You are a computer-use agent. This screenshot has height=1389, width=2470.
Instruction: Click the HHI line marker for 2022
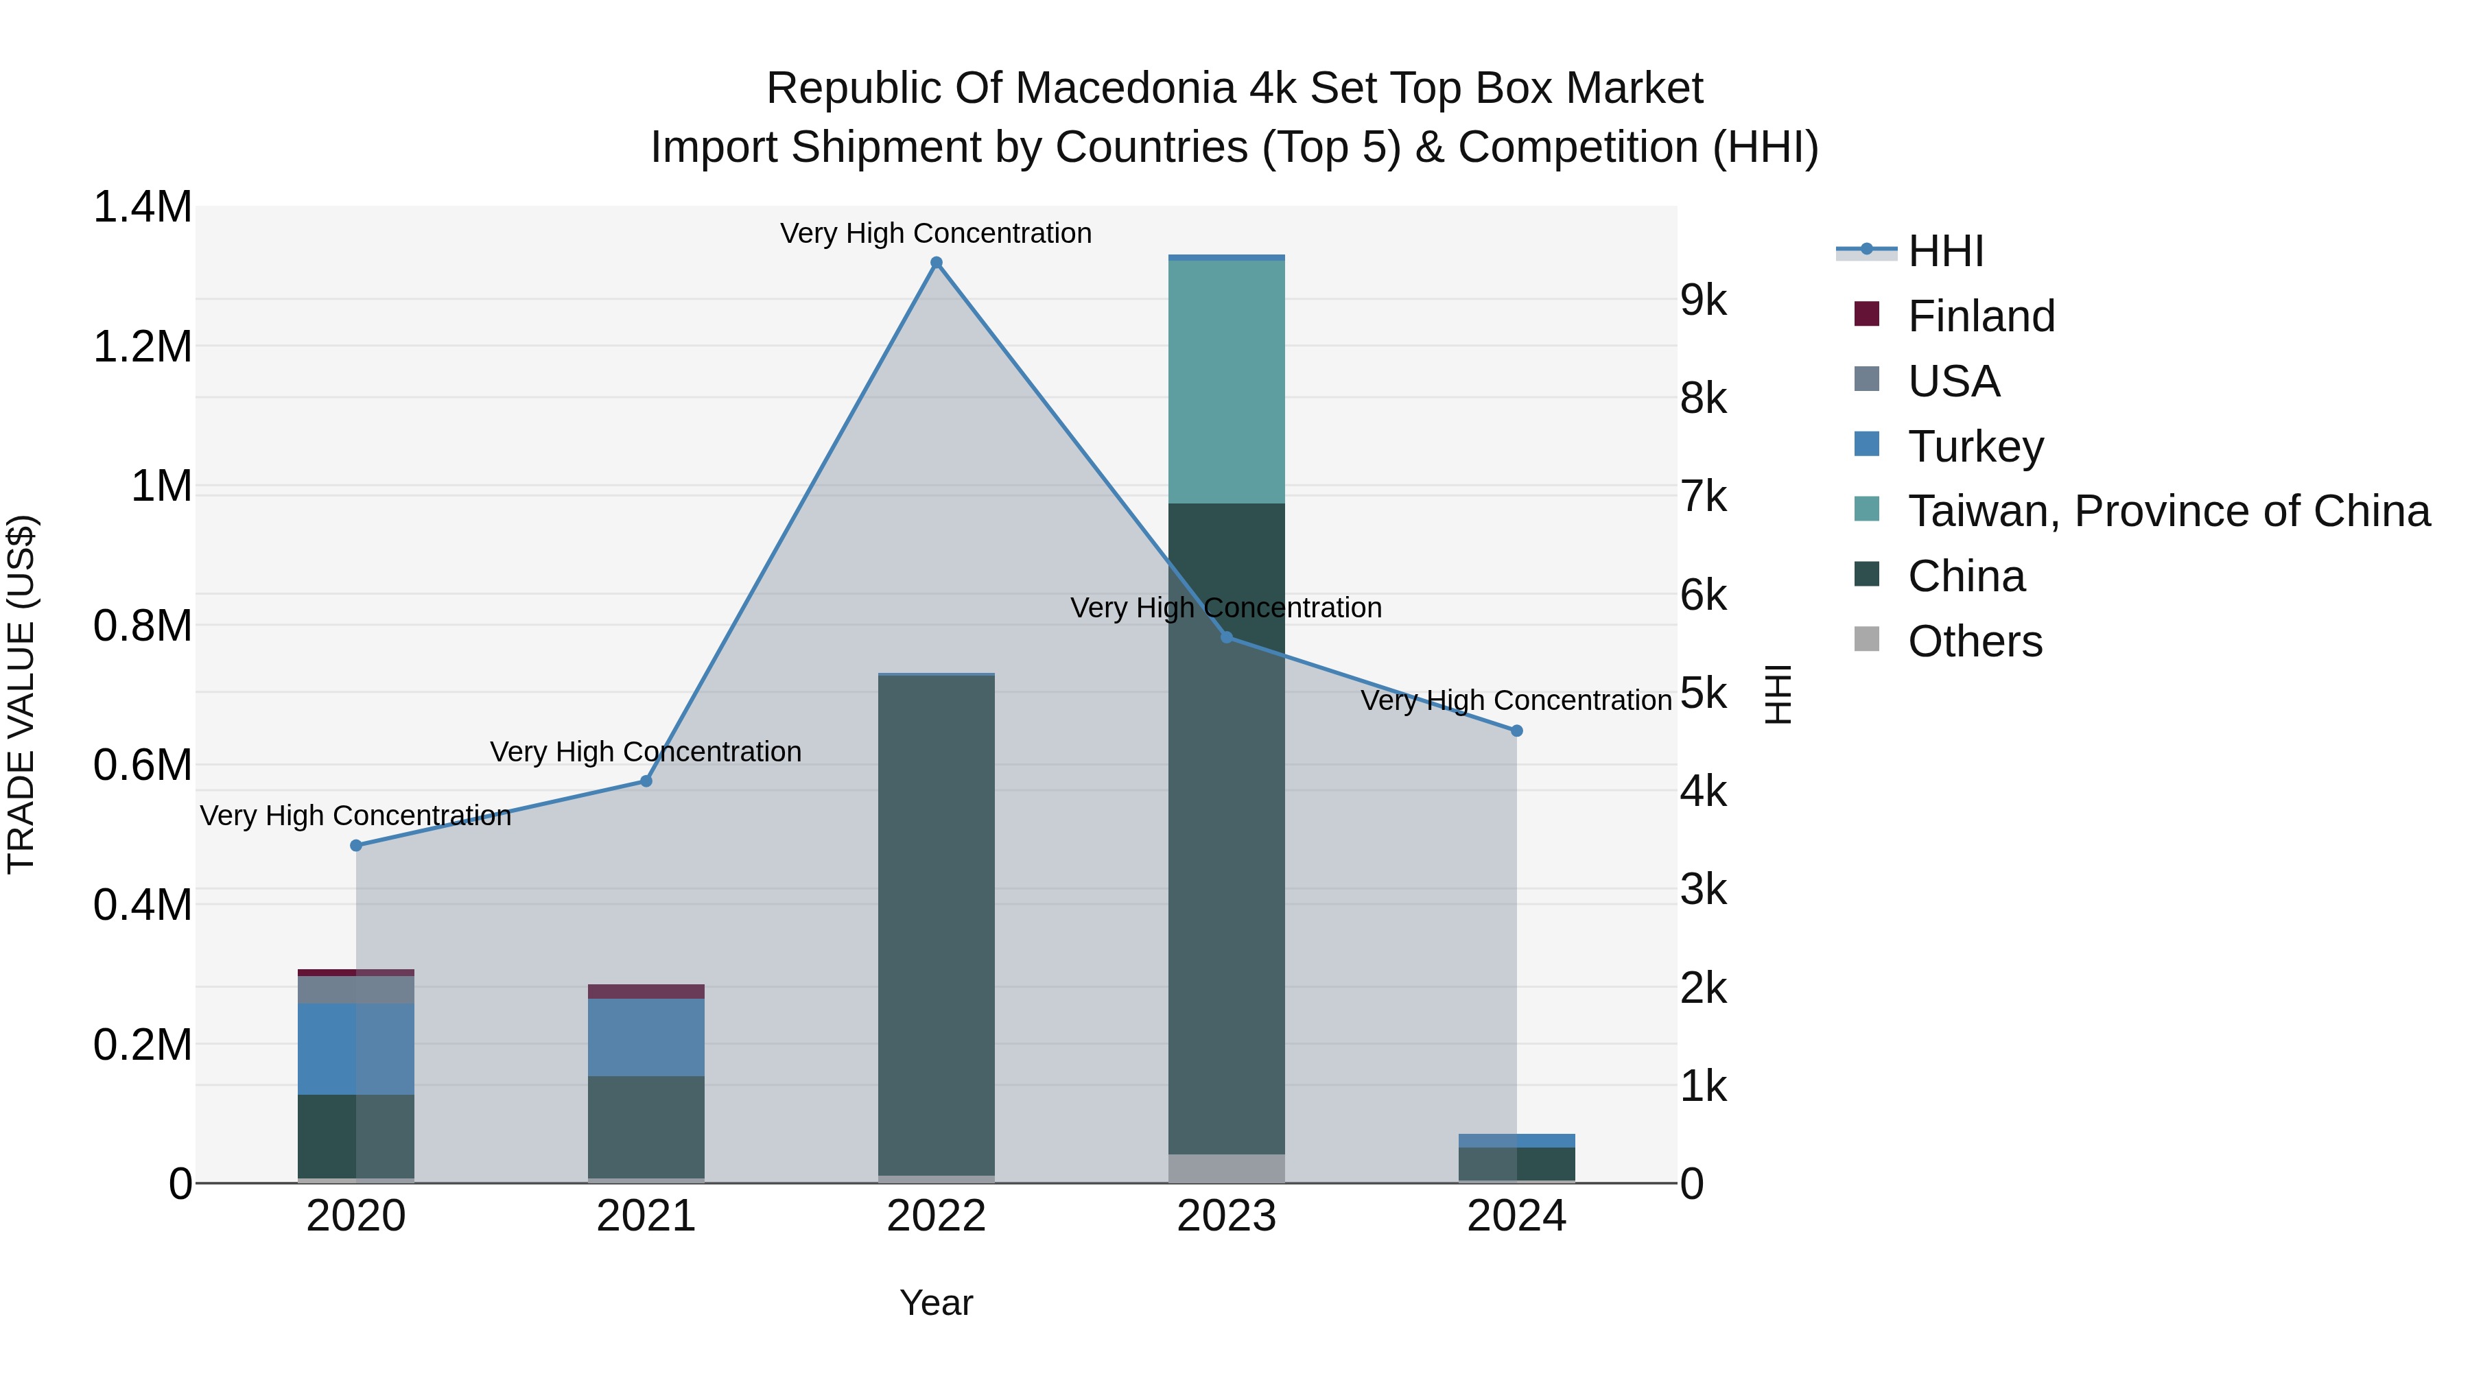937,263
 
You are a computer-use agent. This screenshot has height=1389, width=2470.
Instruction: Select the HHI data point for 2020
355,846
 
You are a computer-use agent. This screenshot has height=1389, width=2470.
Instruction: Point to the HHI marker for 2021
646,781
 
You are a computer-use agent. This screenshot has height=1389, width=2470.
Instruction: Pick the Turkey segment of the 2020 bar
355,1049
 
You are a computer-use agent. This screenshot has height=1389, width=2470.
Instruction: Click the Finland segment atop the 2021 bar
646,991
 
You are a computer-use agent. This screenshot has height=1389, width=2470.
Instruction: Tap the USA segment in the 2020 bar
355,989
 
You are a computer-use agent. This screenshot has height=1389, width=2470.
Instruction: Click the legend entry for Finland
1981,316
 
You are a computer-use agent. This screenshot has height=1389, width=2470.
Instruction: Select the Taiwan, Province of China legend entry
2168,511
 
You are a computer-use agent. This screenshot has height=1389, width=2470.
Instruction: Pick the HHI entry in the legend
1946,251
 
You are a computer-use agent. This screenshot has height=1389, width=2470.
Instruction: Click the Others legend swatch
1867,639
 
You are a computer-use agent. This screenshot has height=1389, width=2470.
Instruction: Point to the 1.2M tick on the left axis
143,346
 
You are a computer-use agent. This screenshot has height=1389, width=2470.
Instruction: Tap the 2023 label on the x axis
1226,1216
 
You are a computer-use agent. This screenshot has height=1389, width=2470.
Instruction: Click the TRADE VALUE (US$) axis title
22,694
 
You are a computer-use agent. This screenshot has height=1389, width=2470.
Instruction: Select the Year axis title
936,1303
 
